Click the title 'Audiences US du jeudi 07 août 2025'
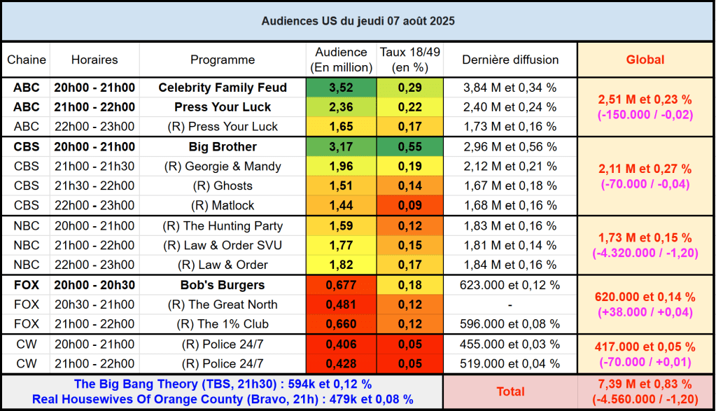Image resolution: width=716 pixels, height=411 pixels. tap(358, 21)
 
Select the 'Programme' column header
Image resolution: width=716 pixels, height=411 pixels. tap(223, 60)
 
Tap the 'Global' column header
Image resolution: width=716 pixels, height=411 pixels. tap(645, 60)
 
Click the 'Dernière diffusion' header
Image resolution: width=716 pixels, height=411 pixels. tap(510, 60)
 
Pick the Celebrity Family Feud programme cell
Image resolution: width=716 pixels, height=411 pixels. tap(223, 88)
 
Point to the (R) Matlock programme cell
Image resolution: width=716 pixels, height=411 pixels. tap(223, 206)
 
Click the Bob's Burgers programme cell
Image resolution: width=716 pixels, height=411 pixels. tap(223, 285)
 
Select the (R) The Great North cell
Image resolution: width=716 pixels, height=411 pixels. tap(223, 305)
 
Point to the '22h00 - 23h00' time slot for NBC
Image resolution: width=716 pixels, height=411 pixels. tap(94, 265)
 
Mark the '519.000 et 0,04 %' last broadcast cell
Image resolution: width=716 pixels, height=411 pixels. tap(510, 364)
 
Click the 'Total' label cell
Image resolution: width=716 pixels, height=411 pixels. tap(510, 391)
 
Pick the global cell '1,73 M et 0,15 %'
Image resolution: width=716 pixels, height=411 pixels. tap(645, 238)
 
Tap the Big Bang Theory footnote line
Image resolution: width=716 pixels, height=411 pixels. tap(223, 384)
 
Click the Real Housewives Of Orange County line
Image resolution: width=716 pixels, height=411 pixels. tap(223, 400)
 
